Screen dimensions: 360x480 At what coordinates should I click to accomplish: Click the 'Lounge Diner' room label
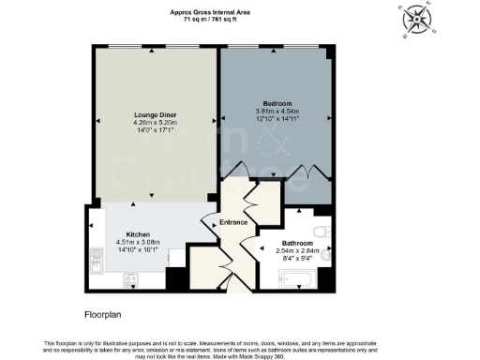(x=155, y=114)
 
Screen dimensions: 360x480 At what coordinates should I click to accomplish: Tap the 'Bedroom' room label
(x=277, y=102)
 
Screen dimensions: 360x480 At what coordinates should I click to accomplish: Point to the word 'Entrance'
(x=232, y=222)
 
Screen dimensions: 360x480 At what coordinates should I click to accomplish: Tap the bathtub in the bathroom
(x=298, y=277)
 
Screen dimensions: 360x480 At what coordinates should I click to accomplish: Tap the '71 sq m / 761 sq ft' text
(x=209, y=18)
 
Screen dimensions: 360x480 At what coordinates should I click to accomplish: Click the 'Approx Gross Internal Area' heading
(x=209, y=10)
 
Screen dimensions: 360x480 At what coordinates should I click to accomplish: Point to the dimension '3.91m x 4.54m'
(x=277, y=110)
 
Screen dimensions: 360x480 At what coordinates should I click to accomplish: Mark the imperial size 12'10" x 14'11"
(x=277, y=117)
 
